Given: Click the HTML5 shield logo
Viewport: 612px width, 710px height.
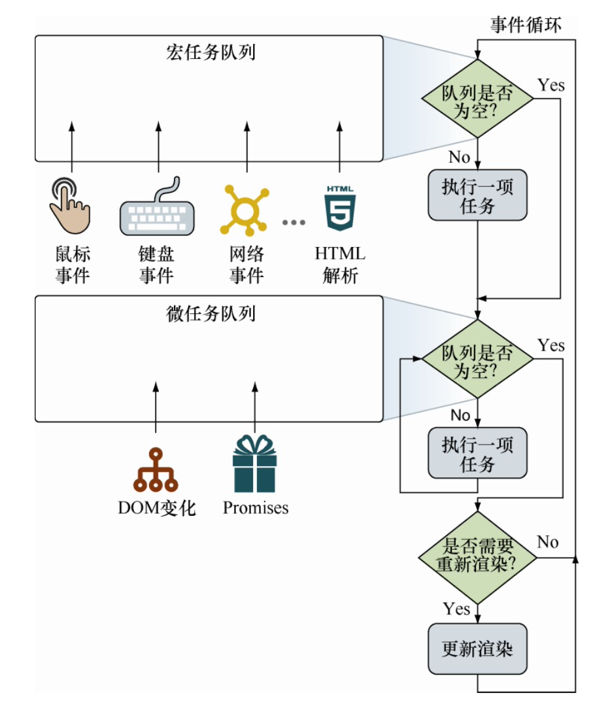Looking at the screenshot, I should point(339,207).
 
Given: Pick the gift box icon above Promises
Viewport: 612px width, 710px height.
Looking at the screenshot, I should point(255,465).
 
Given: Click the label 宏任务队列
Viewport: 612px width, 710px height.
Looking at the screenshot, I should point(211,52).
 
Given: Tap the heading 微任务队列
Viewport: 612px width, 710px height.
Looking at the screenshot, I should point(211,314).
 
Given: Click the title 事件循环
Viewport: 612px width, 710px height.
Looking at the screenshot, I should point(526,25).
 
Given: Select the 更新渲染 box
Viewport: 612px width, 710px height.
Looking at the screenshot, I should point(477,649).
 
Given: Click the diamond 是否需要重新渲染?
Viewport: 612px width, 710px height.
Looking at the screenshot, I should point(477,557).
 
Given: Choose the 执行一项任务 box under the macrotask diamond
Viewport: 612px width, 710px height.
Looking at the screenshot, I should point(477,196).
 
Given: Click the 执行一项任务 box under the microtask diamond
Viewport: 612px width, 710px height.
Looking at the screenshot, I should point(477,454).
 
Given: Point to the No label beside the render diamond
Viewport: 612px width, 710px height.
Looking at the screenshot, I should point(548,542).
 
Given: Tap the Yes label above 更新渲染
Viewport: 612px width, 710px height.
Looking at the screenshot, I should point(456,609).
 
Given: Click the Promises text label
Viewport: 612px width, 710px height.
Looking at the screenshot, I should point(256,508).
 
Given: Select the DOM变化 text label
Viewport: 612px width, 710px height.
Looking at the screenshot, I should point(157,508).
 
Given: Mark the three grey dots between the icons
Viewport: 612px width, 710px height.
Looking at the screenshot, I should point(294,222).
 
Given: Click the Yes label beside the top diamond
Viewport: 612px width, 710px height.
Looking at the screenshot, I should point(551,85).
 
